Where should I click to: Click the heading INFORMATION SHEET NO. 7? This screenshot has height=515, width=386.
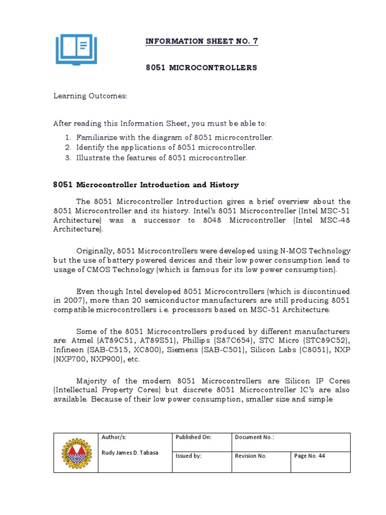[202, 41]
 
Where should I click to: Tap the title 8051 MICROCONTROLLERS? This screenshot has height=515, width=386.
[202, 67]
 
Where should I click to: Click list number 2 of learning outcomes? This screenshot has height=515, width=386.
[68, 147]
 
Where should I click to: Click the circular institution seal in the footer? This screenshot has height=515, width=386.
[76, 452]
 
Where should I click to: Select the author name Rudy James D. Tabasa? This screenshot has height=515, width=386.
[130, 453]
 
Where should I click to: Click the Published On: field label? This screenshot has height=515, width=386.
[194, 438]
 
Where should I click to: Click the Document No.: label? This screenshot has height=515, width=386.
[254, 438]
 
